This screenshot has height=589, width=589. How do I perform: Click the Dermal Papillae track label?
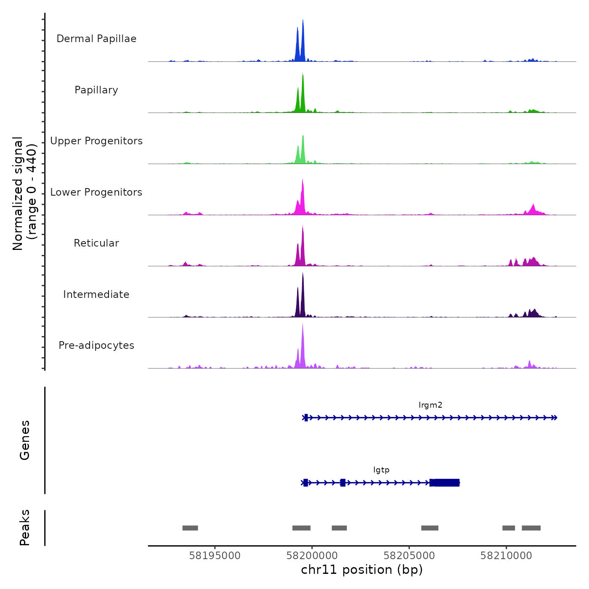pos(96,39)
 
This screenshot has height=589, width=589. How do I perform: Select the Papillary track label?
pos(96,90)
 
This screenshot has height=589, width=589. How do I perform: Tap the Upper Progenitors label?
pos(96,141)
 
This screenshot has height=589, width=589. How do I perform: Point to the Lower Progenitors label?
pos(96,192)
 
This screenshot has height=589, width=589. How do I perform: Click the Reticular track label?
pos(96,243)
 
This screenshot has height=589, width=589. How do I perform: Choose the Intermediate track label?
pos(96,294)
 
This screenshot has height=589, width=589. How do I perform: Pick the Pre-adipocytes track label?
pos(96,345)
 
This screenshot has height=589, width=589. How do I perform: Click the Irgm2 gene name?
pos(430,405)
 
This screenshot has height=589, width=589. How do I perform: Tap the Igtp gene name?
pos(381,470)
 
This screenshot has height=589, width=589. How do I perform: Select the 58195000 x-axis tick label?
pos(215,556)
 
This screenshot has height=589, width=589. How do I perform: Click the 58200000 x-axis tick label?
pos(312,556)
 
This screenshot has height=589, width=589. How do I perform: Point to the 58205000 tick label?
pos(409,556)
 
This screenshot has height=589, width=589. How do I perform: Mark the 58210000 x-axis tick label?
pos(506,556)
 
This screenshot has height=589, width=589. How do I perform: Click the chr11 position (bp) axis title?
pos(362,570)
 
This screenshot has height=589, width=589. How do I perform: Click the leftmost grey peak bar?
pos(190,528)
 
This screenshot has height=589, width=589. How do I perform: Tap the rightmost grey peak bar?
pos(531,528)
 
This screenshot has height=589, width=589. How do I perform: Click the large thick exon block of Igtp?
pos(445,483)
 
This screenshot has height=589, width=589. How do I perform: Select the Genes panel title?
pos(25,440)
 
